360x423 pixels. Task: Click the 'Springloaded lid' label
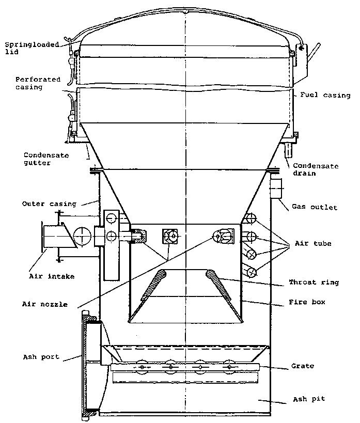[x=25, y=48]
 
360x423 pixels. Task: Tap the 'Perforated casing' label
[x=38, y=83]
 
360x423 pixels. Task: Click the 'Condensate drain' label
[x=316, y=169]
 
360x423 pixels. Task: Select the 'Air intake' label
[x=52, y=276]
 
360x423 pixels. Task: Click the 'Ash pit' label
[x=309, y=399]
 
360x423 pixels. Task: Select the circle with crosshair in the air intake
[x=81, y=237]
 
